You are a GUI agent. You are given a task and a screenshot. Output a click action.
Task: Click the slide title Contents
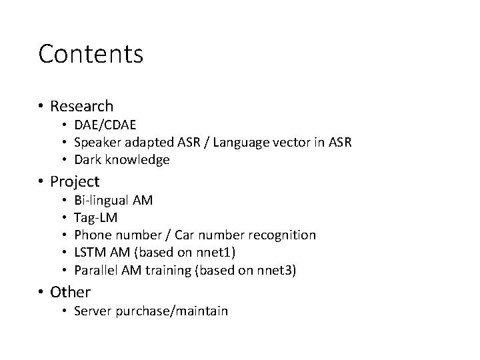click(x=91, y=54)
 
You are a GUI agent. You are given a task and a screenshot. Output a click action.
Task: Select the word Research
click(x=81, y=106)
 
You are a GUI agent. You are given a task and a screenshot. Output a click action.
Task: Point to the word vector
click(x=295, y=142)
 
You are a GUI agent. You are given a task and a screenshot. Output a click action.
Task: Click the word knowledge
click(x=137, y=160)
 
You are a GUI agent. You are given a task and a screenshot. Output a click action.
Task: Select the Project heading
click(x=75, y=181)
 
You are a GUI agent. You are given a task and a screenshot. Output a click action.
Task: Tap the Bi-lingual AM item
click(x=113, y=200)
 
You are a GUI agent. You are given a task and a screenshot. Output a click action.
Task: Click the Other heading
click(x=70, y=292)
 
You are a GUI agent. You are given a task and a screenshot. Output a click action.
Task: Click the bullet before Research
click(x=41, y=107)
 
